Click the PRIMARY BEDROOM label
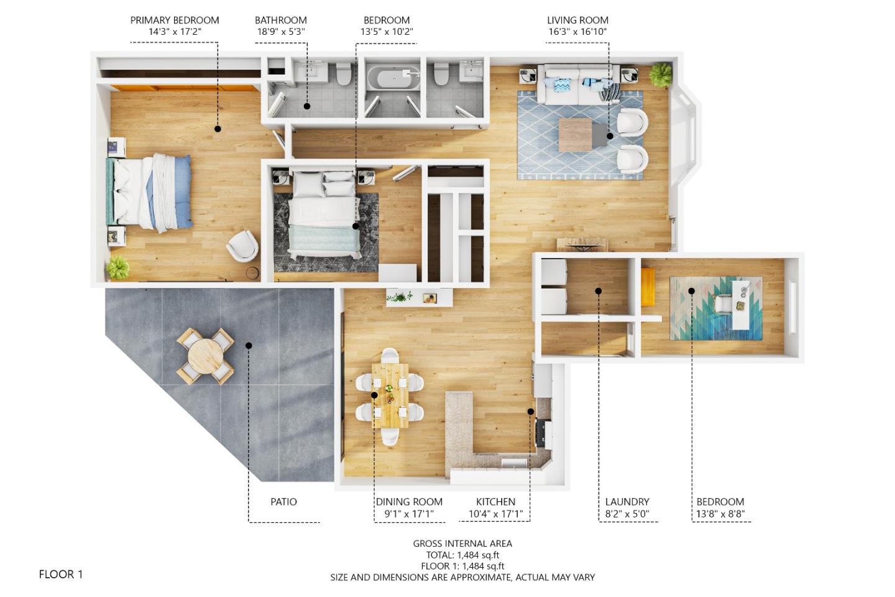coord(175,20)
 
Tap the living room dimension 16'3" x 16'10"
coord(577,32)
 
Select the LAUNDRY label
coord(627,502)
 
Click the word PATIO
coord(283,502)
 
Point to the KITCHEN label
coord(495,502)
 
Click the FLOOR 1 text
coord(61,574)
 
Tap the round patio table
coord(205,356)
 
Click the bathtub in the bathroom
coord(391,80)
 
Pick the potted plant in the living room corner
coord(660,75)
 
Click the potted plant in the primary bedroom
coord(117,268)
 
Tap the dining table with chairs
coord(390,396)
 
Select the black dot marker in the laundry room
coord(599,290)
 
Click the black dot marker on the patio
coord(249,346)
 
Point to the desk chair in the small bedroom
coord(723,303)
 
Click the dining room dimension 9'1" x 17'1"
coord(409,514)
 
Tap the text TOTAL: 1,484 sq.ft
coord(462,555)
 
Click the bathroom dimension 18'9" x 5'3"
coord(281,32)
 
